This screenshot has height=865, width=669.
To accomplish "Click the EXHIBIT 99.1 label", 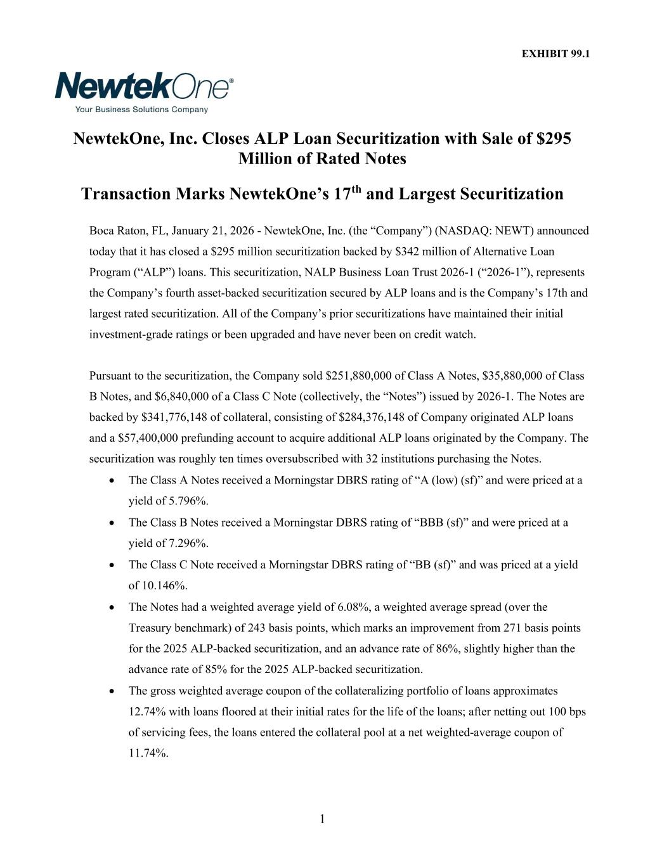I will [x=555, y=54].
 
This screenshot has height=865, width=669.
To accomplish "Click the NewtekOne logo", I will [x=144, y=87].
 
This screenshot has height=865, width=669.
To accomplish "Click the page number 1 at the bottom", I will [x=322, y=819].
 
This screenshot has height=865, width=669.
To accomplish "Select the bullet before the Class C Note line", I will [x=112, y=565].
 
